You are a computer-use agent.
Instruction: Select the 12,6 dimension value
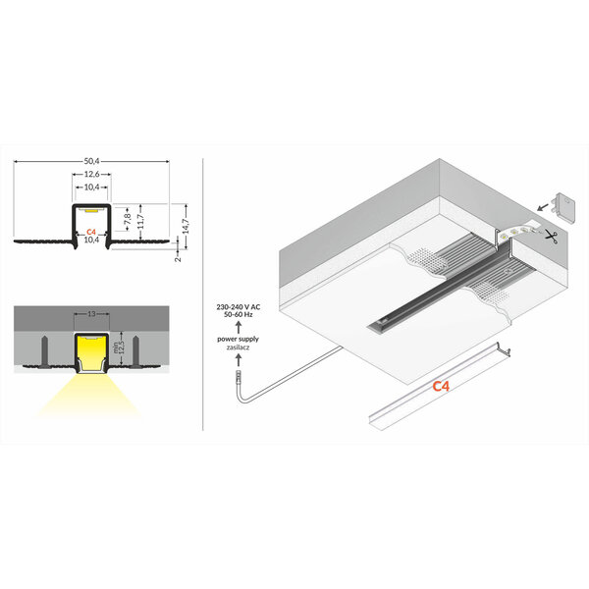[90, 175]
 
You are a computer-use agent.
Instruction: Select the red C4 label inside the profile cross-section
[90, 232]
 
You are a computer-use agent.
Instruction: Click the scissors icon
[552, 236]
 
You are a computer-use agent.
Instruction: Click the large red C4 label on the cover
[442, 387]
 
